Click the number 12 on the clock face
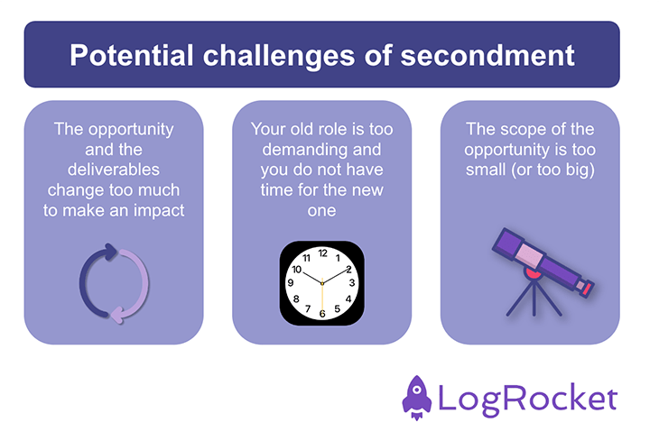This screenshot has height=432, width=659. pos(321,253)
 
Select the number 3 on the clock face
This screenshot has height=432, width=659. pos(351,283)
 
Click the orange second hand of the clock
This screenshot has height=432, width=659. pos(321,298)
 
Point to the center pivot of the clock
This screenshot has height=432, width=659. pos(321,283)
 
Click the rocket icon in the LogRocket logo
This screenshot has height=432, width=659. pos(418,398)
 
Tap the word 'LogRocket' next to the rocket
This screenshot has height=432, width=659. pos(528,398)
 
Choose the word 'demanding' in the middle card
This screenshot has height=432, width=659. pos(321,148)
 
